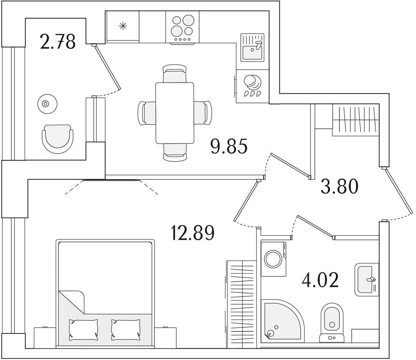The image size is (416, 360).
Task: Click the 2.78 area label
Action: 58,42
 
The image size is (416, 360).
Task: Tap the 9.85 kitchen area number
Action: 229,146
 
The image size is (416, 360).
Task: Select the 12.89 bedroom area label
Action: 193,232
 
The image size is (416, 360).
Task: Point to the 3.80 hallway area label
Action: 340,186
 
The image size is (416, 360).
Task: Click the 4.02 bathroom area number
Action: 320,280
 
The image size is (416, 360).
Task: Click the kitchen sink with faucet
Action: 252,47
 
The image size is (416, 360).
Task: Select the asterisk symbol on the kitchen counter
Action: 123,26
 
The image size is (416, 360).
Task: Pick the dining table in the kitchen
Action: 175,113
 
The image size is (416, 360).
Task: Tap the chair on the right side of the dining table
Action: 203,113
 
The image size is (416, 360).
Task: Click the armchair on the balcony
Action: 58,137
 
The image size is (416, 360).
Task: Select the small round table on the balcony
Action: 47,104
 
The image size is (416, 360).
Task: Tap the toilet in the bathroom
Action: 332,322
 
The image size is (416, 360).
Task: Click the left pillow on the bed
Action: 83,329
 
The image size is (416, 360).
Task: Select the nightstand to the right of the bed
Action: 166,337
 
